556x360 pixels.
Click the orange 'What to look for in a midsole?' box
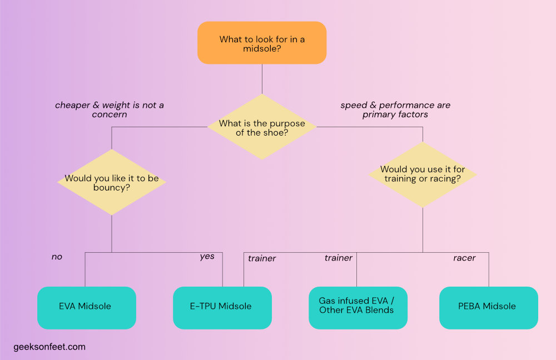(262, 43)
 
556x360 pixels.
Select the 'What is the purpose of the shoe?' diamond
(262, 127)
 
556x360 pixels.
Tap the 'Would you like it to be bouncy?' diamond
(112, 182)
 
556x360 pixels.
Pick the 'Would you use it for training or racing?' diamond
(423, 174)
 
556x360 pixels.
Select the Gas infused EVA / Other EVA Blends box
(356, 306)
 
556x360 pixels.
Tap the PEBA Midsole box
(488, 307)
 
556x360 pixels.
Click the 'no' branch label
(57, 257)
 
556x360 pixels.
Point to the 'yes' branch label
(207, 257)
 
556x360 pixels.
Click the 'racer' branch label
(464, 258)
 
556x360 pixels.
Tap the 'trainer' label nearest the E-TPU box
(262, 258)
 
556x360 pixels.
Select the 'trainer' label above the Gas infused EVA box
(339, 258)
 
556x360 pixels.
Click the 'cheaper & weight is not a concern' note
(110, 109)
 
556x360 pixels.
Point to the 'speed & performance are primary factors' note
(395, 109)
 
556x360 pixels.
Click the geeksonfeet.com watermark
(49, 347)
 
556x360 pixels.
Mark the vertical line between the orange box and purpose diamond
(262, 78)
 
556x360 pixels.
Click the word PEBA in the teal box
(469, 307)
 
